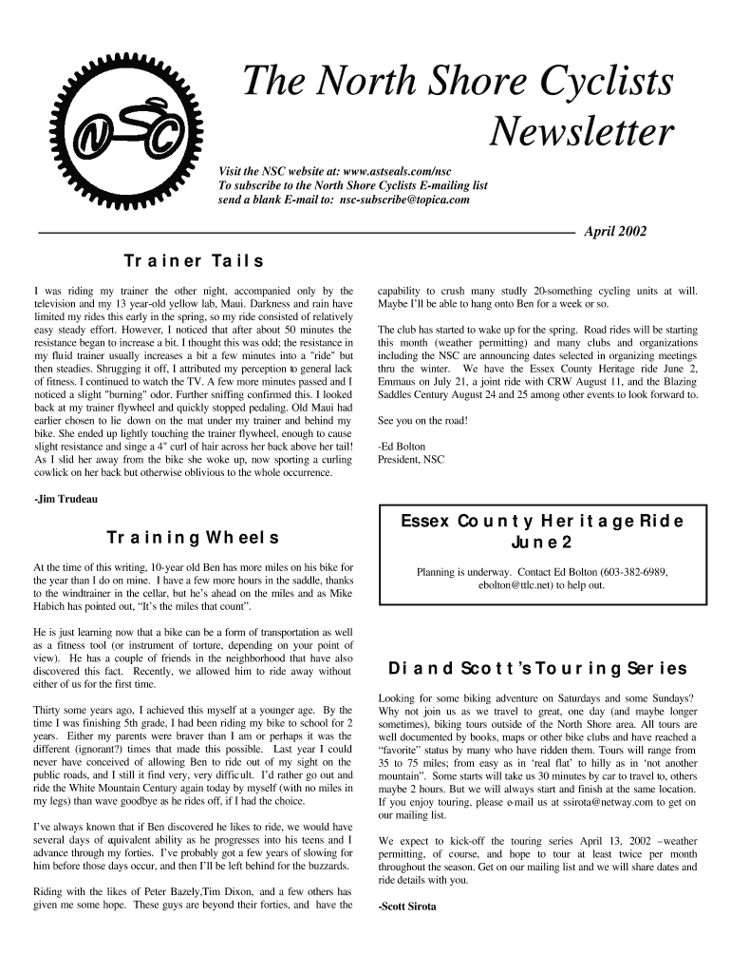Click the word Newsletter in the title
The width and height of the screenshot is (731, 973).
pyautogui.click(x=581, y=133)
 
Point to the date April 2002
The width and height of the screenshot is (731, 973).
pyautogui.click(x=615, y=231)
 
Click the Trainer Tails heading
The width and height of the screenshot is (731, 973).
pyautogui.click(x=194, y=260)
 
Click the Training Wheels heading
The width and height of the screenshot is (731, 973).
pyautogui.click(x=193, y=539)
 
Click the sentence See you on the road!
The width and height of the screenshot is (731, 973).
pyautogui.click(x=422, y=420)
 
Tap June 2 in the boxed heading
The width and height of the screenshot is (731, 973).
pyautogui.click(x=541, y=544)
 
